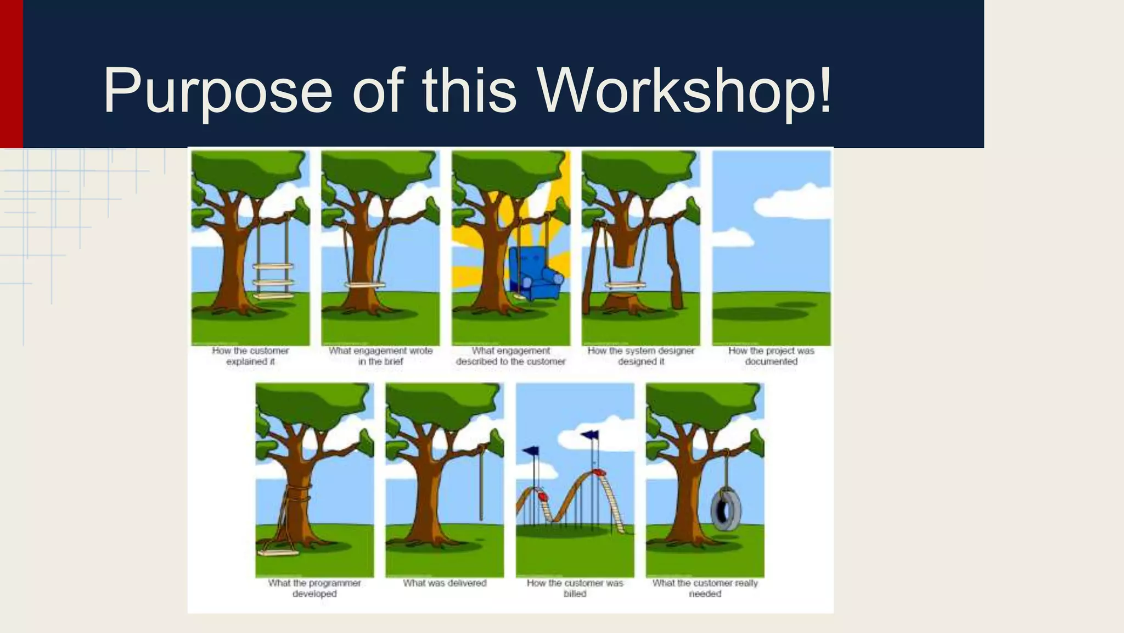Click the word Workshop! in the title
(x=684, y=91)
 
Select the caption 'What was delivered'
(x=445, y=583)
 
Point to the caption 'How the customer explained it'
(x=250, y=356)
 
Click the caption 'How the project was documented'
(x=771, y=356)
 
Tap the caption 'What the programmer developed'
(x=314, y=588)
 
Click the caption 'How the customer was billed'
(x=575, y=588)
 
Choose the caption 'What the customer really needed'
(x=705, y=588)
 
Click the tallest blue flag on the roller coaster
(x=590, y=435)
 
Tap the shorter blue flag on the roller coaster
(x=531, y=451)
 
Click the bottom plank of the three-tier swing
(x=273, y=296)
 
